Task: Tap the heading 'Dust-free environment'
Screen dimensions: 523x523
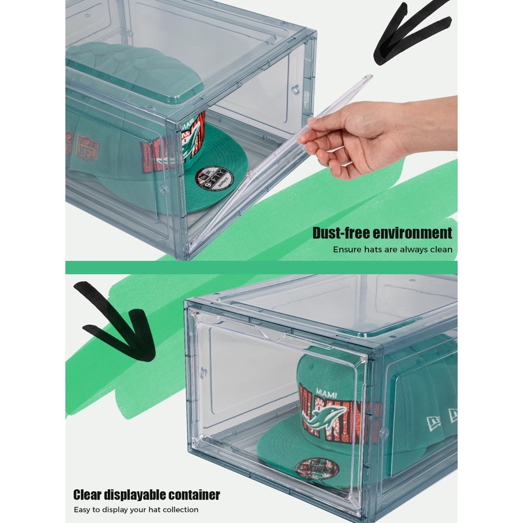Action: coord(382,233)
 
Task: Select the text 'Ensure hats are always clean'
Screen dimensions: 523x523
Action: coord(392,249)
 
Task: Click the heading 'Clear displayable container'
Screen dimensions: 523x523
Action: coord(146,494)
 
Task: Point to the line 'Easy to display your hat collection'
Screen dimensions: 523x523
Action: coord(136,509)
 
